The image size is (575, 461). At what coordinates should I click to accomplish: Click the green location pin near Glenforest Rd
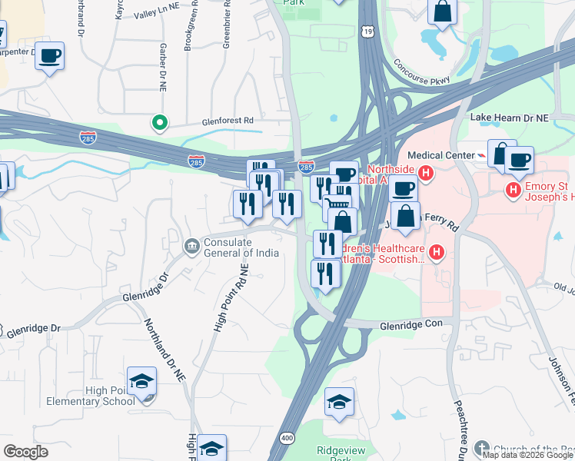pos(160,122)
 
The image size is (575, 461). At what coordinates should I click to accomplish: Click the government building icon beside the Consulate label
pos(191,246)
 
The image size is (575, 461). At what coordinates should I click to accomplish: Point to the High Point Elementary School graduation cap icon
pos(141,382)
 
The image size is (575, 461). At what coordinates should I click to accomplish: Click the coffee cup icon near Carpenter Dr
pos(49,56)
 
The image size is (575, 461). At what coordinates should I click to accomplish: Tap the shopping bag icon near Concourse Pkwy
pos(443,12)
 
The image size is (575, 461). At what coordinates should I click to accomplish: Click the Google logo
pos(26,452)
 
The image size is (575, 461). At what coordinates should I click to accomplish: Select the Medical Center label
pos(440,155)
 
